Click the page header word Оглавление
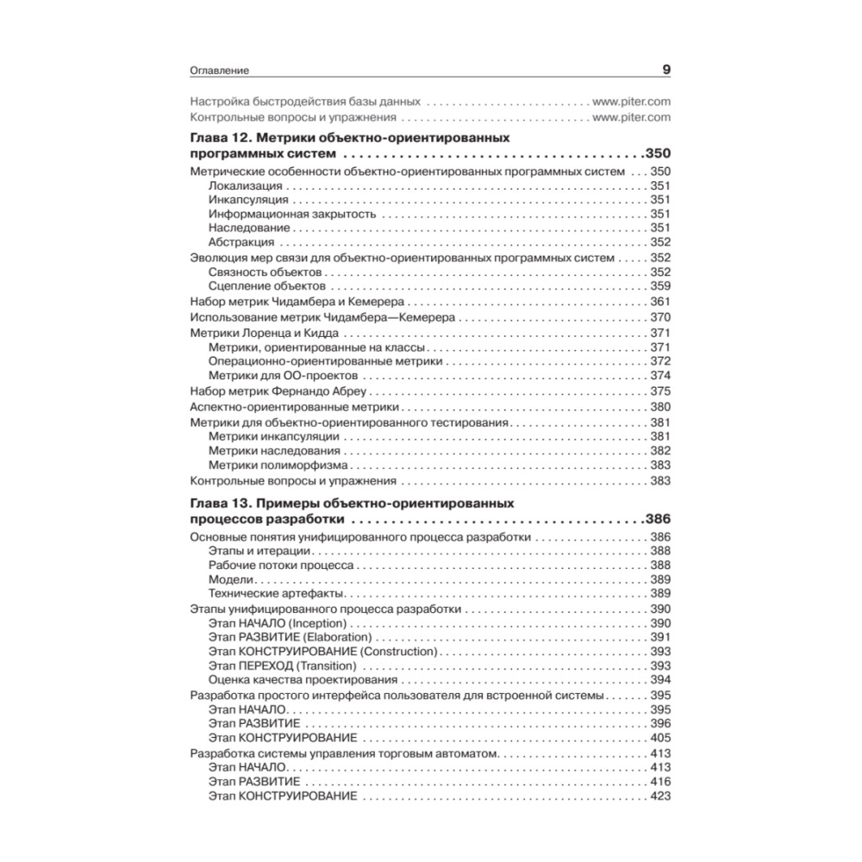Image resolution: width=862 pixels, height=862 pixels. [x=219, y=72]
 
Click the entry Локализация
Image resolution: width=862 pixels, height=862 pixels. [x=245, y=186]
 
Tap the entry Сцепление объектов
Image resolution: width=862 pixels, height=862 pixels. [x=266, y=286]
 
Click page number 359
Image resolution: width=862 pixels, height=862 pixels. [x=660, y=286]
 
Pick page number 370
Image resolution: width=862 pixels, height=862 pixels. [x=660, y=317]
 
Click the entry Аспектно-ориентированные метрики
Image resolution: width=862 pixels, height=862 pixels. [x=294, y=407]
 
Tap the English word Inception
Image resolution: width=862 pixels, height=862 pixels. [x=318, y=623]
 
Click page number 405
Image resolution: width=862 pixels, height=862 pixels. [x=660, y=739]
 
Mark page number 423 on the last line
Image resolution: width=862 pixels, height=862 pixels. [x=660, y=796]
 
